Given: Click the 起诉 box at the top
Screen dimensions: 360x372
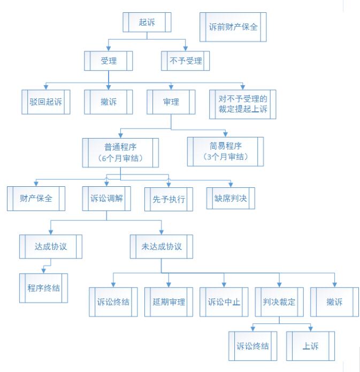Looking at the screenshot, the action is tap(147, 22).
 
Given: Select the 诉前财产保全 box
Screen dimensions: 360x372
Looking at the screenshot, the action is tap(233, 27).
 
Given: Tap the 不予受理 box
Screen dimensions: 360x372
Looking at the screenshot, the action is tap(185, 61).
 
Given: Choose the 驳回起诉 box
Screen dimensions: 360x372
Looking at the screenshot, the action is tap(46, 102).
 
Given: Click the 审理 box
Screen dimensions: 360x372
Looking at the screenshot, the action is tap(171, 102).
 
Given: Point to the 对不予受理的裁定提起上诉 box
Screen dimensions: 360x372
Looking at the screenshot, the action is tap(243, 104).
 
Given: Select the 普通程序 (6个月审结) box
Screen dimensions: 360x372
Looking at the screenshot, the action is tap(120, 153).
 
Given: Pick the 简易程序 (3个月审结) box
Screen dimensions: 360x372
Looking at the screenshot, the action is tap(225, 151).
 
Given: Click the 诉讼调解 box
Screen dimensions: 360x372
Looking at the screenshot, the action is tap(106, 199).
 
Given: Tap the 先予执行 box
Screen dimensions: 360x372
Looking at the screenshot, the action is tap(168, 199).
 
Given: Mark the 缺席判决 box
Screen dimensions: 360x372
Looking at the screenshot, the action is tap(231, 199).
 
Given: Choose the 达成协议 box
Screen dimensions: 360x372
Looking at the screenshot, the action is tap(51, 247).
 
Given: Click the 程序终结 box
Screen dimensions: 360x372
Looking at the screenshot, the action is tap(44, 289).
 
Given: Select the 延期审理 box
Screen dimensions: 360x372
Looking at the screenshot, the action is tap(168, 302).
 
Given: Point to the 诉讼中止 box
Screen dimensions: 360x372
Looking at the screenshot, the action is tap(224, 302).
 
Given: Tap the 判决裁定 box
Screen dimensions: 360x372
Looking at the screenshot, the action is tap(279, 302).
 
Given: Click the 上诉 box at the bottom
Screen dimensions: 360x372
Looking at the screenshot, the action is tap(310, 346).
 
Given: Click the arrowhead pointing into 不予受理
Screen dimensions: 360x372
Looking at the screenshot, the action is tap(186, 49).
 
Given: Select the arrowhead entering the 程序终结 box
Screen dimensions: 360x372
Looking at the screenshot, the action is tap(44, 271).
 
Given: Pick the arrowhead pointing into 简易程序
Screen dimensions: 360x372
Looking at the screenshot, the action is tap(226, 134).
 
